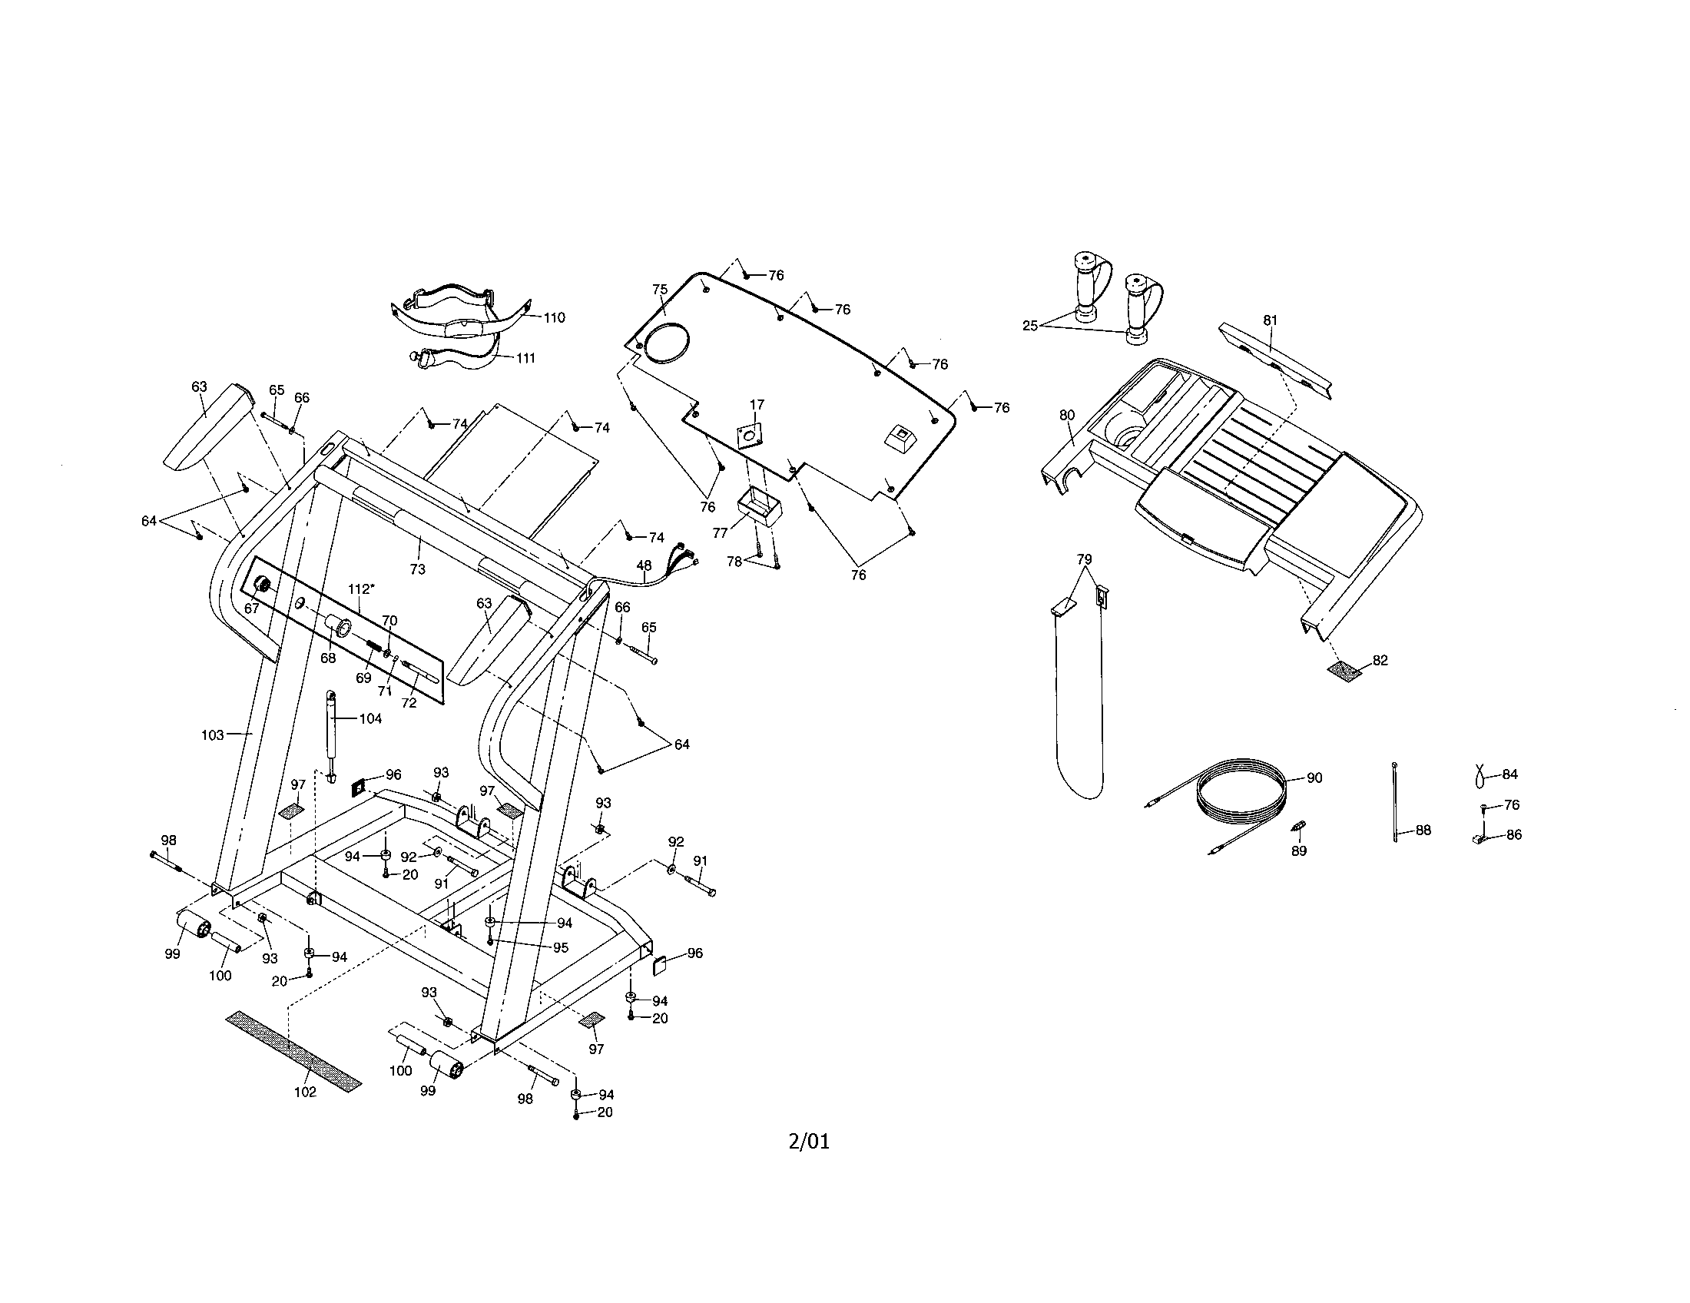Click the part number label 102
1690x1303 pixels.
[305, 1092]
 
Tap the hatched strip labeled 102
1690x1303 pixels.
[293, 1050]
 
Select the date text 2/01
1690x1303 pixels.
[809, 1142]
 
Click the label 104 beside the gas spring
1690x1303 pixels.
[371, 718]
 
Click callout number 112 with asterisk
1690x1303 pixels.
[360, 589]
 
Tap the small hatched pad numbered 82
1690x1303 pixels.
[1345, 671]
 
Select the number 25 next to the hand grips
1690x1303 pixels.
[1030, 326]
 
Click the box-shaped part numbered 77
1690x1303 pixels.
[758, 507]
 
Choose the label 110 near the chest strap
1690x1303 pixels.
[554, 317]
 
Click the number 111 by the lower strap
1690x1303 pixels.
[525, 357]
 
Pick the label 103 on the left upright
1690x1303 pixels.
[212, 734]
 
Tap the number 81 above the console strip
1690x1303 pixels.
[1270, 320]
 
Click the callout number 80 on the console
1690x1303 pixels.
[1067, 415]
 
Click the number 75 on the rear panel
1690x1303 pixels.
[659, 290]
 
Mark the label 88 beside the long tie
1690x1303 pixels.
[1422, 831]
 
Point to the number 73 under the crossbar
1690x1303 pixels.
[417, 569]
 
